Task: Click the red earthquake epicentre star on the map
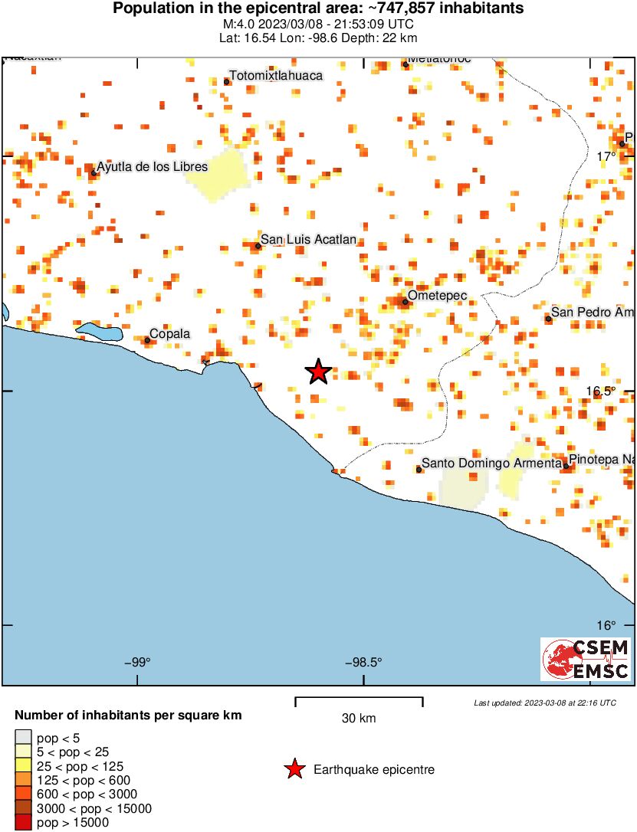tap(319, 372)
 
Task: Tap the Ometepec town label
tap(437, 295)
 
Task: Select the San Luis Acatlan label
tap(308, 240)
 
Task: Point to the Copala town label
tap(169, 333)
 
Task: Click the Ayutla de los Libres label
tap(152, 166)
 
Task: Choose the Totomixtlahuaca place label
tap(277, 75)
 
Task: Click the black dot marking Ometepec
tap(405, 302)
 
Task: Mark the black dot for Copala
tap(147, 340)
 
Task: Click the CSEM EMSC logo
tap(586, 659)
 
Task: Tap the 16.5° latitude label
tap(600, 391)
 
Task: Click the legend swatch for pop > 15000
tap(23, 823)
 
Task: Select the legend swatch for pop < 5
tap(23, 737)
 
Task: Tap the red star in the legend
tap(294, 769)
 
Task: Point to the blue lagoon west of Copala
tap(101, 332)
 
